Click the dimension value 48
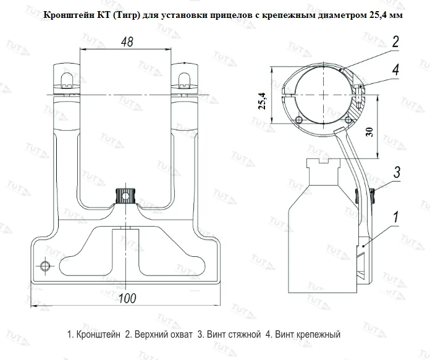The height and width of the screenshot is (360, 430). [126, 42]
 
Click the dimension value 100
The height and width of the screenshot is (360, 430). [127, 298]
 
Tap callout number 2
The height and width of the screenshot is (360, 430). [395, 42]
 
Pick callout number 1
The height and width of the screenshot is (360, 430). [395, 217]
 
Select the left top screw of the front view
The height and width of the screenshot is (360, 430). [68, 77]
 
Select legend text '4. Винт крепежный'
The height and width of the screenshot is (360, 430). [303, 334]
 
